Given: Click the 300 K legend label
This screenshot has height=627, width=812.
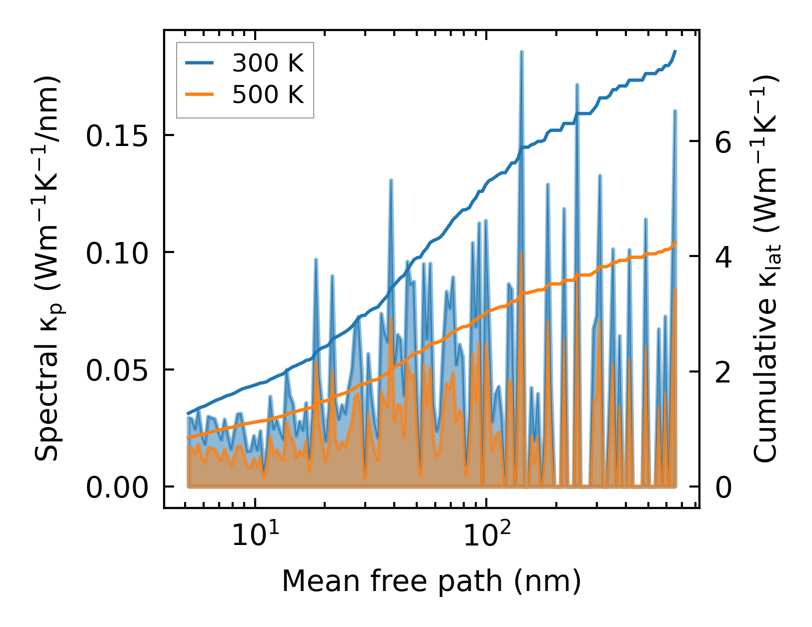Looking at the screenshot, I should click(268, 63).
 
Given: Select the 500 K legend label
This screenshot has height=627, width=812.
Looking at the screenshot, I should click(268, 94).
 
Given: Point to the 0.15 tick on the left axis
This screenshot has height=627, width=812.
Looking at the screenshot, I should click(117, 136).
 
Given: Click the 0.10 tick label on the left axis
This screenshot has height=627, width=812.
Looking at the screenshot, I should click(117, 253).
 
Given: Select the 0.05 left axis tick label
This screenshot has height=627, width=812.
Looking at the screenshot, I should click(117, 370).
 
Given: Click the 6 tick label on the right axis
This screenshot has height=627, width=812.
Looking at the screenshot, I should click(723, 142).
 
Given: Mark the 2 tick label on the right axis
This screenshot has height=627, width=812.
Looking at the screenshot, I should click(723, 372).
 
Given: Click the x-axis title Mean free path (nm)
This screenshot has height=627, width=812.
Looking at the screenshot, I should click(431, 581).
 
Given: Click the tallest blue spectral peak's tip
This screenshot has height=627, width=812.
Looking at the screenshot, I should click(521, 51).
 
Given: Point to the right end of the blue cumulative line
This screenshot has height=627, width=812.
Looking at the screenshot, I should click(675, 51).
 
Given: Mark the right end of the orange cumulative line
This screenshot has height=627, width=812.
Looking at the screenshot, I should click(675, 242).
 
